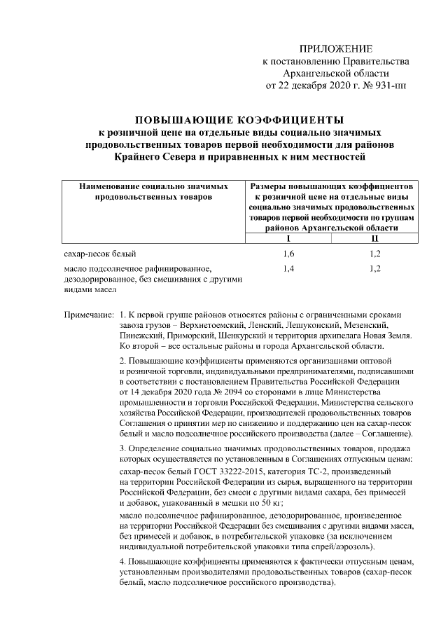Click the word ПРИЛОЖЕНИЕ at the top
(335, 48)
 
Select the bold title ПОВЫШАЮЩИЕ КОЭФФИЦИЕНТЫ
(239, 118)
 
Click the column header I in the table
(289, 238)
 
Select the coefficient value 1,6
(289, 253)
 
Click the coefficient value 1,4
(289, 268)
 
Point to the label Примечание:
(89, 315)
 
